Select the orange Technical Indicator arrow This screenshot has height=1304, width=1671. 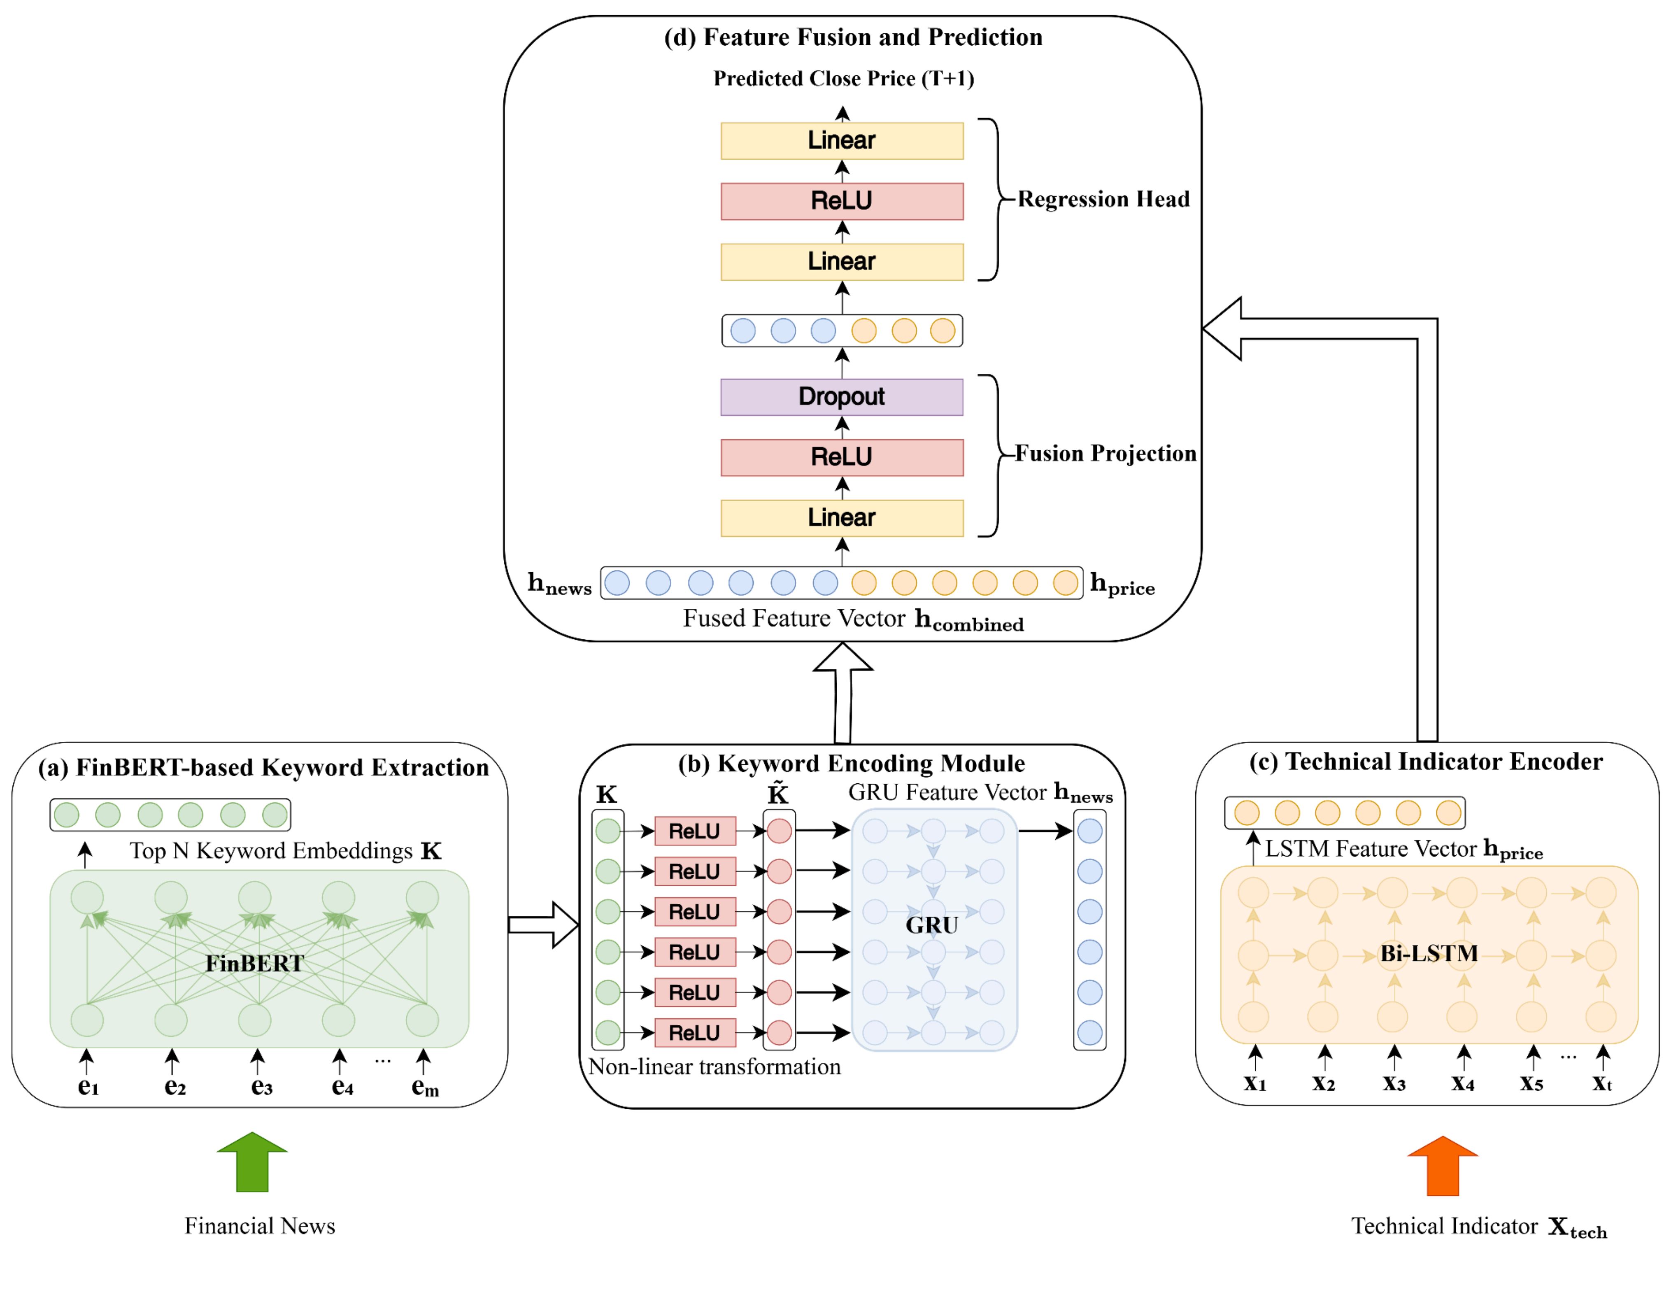1442,1165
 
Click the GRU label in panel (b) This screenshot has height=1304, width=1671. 932,925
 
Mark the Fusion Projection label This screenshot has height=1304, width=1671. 1105,454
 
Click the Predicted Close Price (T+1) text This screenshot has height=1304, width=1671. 843,79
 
